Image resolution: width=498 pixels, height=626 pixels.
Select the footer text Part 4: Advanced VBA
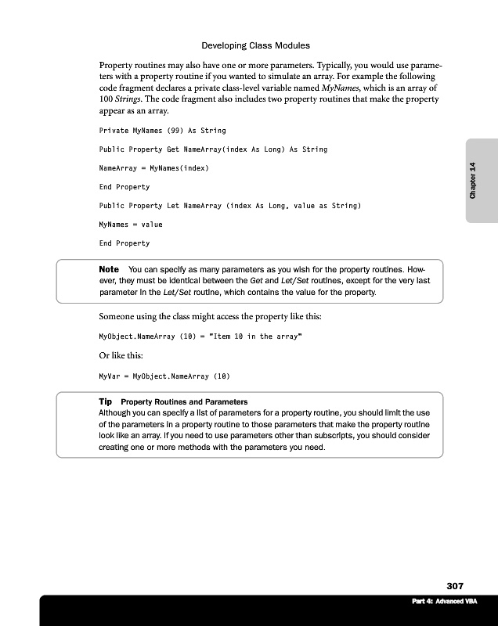(x=443, y=601)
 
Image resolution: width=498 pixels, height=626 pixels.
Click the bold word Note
(x=109, y=269)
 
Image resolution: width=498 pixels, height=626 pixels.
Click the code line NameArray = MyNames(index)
(x=153, y=168)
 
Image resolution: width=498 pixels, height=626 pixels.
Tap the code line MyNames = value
(x=130, y=225)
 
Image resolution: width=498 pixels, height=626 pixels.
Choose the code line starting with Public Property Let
(x=229, y=206)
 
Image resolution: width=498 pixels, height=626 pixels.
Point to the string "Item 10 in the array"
(x=253, y=336)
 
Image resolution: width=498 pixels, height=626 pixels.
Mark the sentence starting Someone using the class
(x=209, y=317)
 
